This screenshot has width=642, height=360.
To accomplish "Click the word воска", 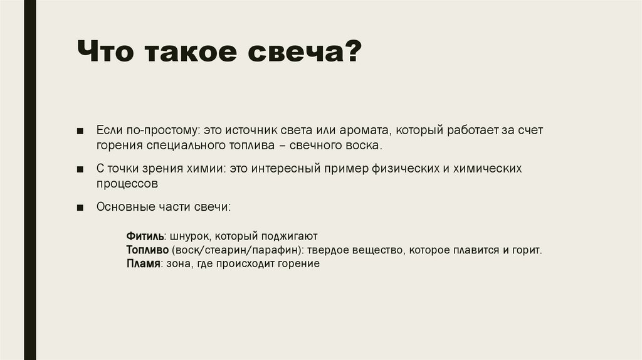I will pos(362,146).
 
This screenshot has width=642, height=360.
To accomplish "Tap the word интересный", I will pos(287,169).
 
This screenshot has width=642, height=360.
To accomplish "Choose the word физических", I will pos(397,169).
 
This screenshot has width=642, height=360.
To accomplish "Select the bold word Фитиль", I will pos(145,236).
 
